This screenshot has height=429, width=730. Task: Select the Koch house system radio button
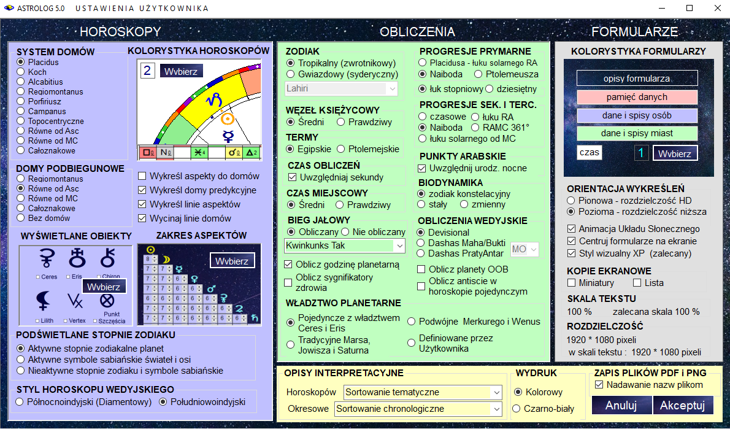(20, 72)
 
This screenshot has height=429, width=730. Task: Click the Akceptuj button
(682, 405)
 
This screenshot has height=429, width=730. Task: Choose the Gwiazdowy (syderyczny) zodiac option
(291, 74)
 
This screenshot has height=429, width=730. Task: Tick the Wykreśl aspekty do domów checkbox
(142, 176)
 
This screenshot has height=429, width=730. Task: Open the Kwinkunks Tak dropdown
(345, 245)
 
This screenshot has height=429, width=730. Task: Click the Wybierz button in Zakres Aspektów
(232, 261)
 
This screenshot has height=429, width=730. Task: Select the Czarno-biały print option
(517, 409)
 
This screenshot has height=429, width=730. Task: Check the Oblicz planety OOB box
(421, 269)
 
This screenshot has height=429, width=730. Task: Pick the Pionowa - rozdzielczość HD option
(571, 201)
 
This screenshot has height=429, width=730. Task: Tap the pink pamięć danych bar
(637, 97)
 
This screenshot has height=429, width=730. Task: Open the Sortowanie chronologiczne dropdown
(418, 409)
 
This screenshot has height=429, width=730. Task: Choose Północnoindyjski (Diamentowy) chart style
(20, 402)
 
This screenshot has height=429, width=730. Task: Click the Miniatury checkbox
(572, 283)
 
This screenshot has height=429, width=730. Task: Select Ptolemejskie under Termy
(341, 149)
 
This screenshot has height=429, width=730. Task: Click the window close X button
(718, 8)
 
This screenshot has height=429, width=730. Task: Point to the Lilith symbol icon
(43, 301)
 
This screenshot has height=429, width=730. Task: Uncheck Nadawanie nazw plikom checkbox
(599, 385)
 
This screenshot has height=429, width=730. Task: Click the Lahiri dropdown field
(341, 88)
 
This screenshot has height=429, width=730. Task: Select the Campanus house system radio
(20, 111)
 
